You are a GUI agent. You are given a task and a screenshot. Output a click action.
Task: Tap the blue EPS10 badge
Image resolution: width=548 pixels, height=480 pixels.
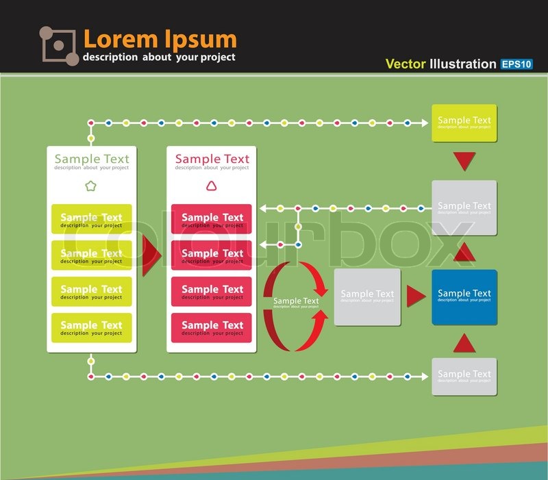(516, 64)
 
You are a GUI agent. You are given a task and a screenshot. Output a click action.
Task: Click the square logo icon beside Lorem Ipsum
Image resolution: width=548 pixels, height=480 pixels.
(58, 46)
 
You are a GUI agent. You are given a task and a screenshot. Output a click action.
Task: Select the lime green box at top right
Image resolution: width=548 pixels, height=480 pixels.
(464, 123)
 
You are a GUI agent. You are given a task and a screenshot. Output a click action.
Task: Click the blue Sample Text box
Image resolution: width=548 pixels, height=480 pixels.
(464, 296)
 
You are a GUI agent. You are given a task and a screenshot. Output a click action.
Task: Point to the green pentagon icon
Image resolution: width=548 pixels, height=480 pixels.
(91, 186)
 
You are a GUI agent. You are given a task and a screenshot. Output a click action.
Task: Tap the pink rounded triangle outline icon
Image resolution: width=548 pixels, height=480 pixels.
(212, 186)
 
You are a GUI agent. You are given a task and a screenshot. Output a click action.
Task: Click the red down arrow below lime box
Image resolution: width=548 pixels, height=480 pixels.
(464, 162)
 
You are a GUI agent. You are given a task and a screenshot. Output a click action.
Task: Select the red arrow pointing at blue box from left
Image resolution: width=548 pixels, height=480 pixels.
(416, 296)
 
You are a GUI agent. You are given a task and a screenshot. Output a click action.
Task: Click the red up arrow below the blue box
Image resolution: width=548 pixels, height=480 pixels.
(464, 343)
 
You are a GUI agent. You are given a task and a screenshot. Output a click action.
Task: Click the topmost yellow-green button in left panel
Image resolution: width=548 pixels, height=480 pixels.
(91, 219)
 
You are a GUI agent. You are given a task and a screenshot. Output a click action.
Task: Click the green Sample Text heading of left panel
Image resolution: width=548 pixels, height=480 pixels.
(91, 160)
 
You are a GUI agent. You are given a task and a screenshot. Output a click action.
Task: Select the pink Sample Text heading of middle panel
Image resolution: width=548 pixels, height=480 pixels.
(212, 160)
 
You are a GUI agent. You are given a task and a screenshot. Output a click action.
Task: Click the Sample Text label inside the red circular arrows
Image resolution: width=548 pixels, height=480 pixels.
(296, 301)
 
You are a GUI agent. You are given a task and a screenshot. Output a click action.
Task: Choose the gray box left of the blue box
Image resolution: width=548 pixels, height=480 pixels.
(367, 296)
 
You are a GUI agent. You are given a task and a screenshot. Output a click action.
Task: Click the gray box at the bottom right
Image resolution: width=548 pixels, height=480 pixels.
(464, 376)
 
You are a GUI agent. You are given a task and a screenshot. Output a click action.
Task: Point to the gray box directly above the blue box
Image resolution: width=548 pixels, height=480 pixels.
(464, 207)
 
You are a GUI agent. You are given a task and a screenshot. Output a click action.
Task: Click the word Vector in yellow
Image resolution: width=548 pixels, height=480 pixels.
(406, 64)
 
